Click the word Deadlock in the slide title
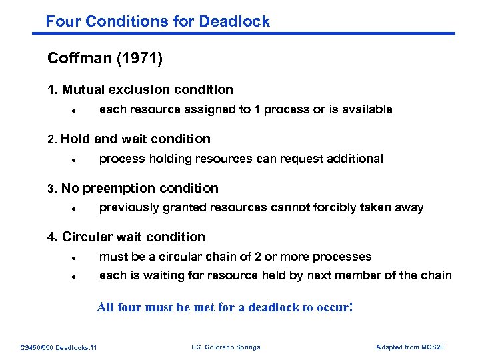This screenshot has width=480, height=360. click(237, 21)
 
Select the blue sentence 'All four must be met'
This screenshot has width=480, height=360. click(225, 307)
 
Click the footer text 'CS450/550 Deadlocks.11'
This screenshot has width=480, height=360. click(59, 347)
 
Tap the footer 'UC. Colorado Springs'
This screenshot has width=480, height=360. click(225, 347)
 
